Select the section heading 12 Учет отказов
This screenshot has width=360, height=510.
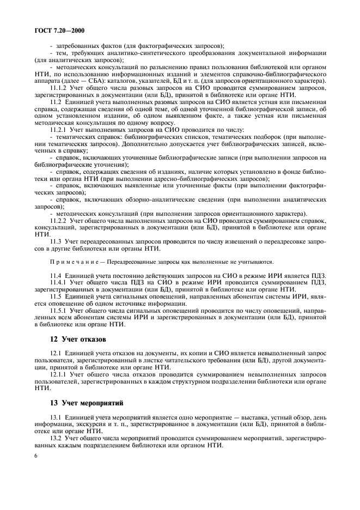75,339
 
